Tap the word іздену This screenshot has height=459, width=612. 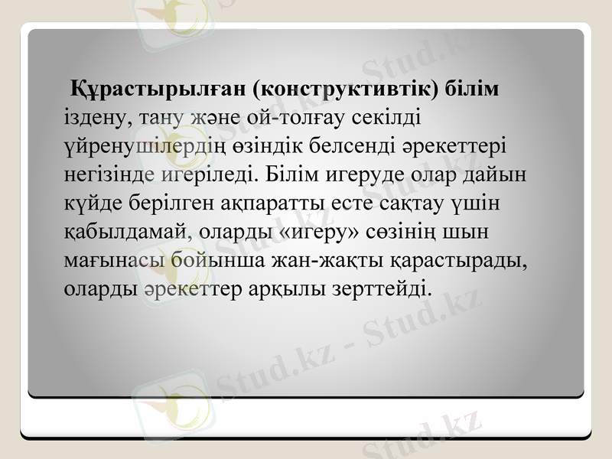point(90,119)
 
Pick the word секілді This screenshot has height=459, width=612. point(390,119)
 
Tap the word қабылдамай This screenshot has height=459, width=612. point(123,232)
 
